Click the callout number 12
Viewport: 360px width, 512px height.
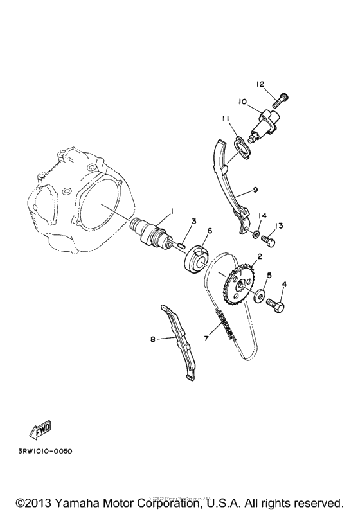260,84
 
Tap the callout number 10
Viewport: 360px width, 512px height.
243,101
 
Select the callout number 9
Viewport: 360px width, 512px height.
255,190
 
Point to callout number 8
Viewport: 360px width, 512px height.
153,339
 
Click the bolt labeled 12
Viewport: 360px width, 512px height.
280,100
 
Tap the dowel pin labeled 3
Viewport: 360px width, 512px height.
181,243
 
